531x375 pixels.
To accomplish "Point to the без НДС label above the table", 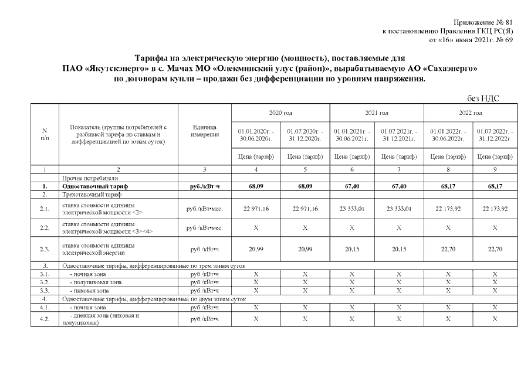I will (x=483, y=98).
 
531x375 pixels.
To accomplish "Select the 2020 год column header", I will (x=280, y=112).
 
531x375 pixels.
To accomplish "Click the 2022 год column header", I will (x=471, y=112).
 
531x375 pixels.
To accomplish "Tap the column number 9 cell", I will (x=495, y=169).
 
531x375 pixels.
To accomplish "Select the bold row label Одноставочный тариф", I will (x=94, y=186).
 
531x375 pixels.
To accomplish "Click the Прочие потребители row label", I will (x=89, y=178).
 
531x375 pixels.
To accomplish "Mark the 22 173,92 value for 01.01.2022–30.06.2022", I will (x=447, y=209).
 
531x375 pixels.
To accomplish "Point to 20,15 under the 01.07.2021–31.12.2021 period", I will (x=398, y=249).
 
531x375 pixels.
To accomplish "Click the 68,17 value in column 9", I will (x=495, y=186).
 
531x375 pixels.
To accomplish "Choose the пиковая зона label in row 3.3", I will (x=89, y=290).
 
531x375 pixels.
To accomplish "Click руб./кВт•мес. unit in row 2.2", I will (x=204, y=227).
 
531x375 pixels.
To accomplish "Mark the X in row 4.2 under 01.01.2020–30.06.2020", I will (x=256, y=319).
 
